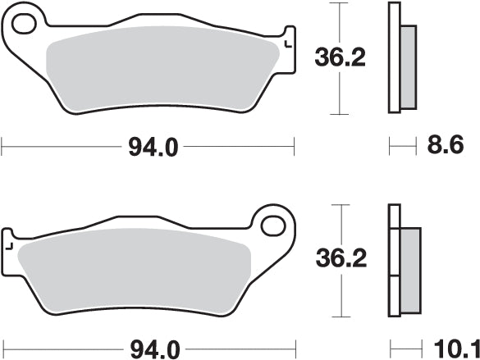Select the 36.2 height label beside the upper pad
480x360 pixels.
point(336,57)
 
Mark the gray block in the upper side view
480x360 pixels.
point(408,62)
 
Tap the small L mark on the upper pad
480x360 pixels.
point(286,44)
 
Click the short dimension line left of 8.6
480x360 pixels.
point(400,148)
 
